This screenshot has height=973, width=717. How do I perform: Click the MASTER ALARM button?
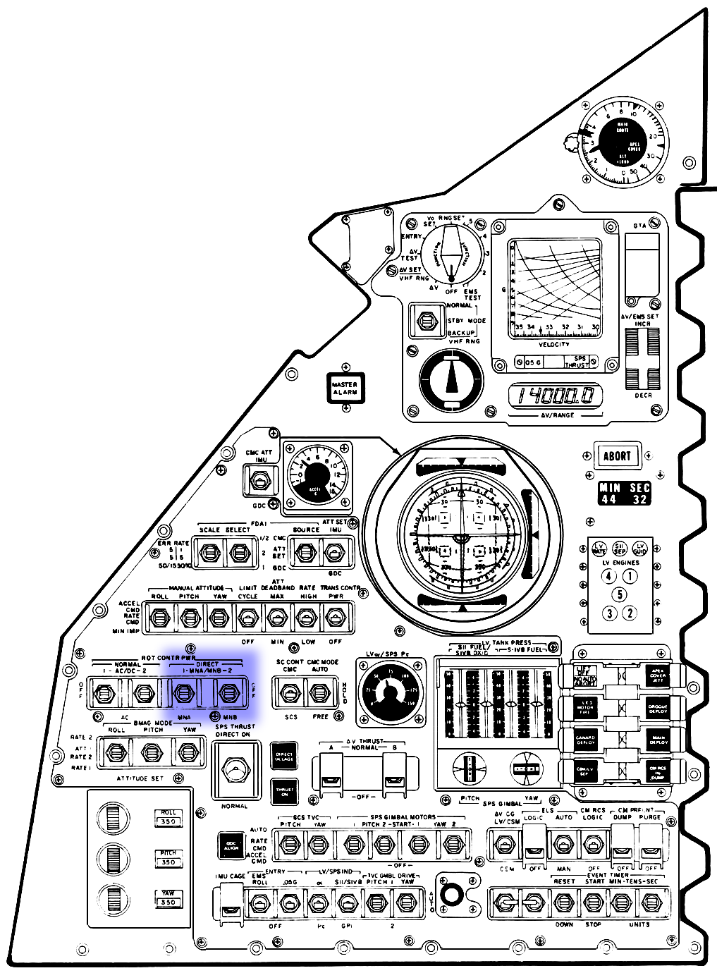point(345,388)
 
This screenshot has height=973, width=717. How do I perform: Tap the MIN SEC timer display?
point(624,493)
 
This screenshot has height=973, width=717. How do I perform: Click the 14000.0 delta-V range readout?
point(556,396)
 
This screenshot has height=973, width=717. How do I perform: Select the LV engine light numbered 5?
point(619,594)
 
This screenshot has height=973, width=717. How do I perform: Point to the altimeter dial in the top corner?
point(622,144)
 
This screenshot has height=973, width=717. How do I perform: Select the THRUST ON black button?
point(285,791)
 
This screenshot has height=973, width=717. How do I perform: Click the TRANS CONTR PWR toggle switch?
point(333,619)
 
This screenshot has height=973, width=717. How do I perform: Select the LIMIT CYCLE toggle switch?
point(247,619)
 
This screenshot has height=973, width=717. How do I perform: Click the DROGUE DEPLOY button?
point(658,709)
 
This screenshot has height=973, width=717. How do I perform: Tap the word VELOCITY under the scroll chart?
point(554,344)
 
